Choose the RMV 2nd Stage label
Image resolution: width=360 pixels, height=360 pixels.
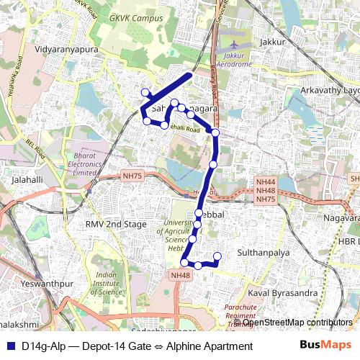tap(115, 225)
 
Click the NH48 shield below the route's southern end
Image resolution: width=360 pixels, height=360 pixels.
tap(180, 275)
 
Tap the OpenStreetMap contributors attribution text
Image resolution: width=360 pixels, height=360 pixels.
tap(296, 323)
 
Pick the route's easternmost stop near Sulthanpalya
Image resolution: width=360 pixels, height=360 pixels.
tap(217, 256)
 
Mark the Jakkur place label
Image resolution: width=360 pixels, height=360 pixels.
tap(275, 42)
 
